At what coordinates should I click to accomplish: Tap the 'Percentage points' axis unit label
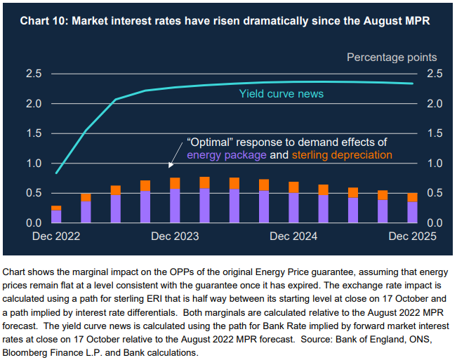392,58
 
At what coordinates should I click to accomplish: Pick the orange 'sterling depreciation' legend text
341,154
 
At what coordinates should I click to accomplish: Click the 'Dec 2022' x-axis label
56,236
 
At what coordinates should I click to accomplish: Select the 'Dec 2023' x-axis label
175,236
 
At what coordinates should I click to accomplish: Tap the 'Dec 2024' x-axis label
294,236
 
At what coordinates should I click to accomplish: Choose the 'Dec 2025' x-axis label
412,236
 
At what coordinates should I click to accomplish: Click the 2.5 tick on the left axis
33,74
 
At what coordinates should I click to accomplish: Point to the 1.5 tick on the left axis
33,133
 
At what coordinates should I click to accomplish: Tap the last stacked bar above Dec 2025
412,208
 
